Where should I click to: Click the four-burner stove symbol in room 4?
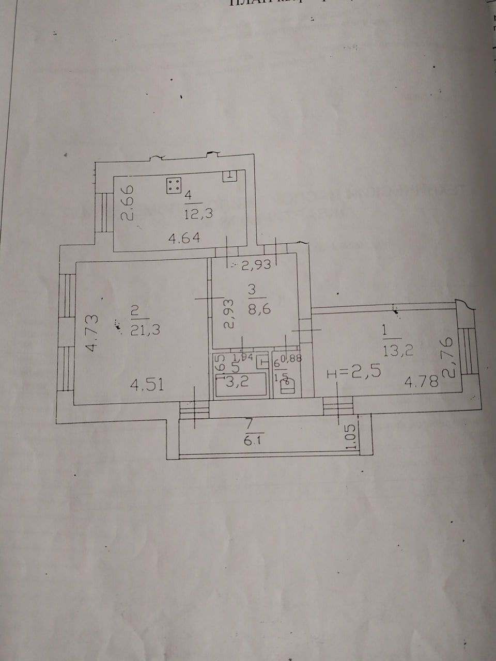pyautogui.click(x=174, y=186)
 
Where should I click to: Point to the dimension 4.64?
pyautogui.click(x=184, y=238)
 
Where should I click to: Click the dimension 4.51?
pyautogui.click(x=147, y=384)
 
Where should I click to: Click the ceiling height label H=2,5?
pyautogui.click(x=354, y=372)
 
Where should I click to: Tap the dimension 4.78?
pyautogui.click(x=421, y=382)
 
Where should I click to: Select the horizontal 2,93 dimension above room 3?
pyautogui.click(x=256, y=265)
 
